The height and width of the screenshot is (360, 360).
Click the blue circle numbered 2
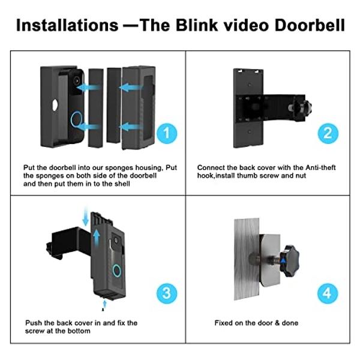(327, 132)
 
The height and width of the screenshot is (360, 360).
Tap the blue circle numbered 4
(327, 293)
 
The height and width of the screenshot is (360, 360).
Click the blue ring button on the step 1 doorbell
(76, 118)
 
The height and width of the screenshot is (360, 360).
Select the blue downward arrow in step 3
(85, 218)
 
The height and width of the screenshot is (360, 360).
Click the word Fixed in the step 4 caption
(224, 323)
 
